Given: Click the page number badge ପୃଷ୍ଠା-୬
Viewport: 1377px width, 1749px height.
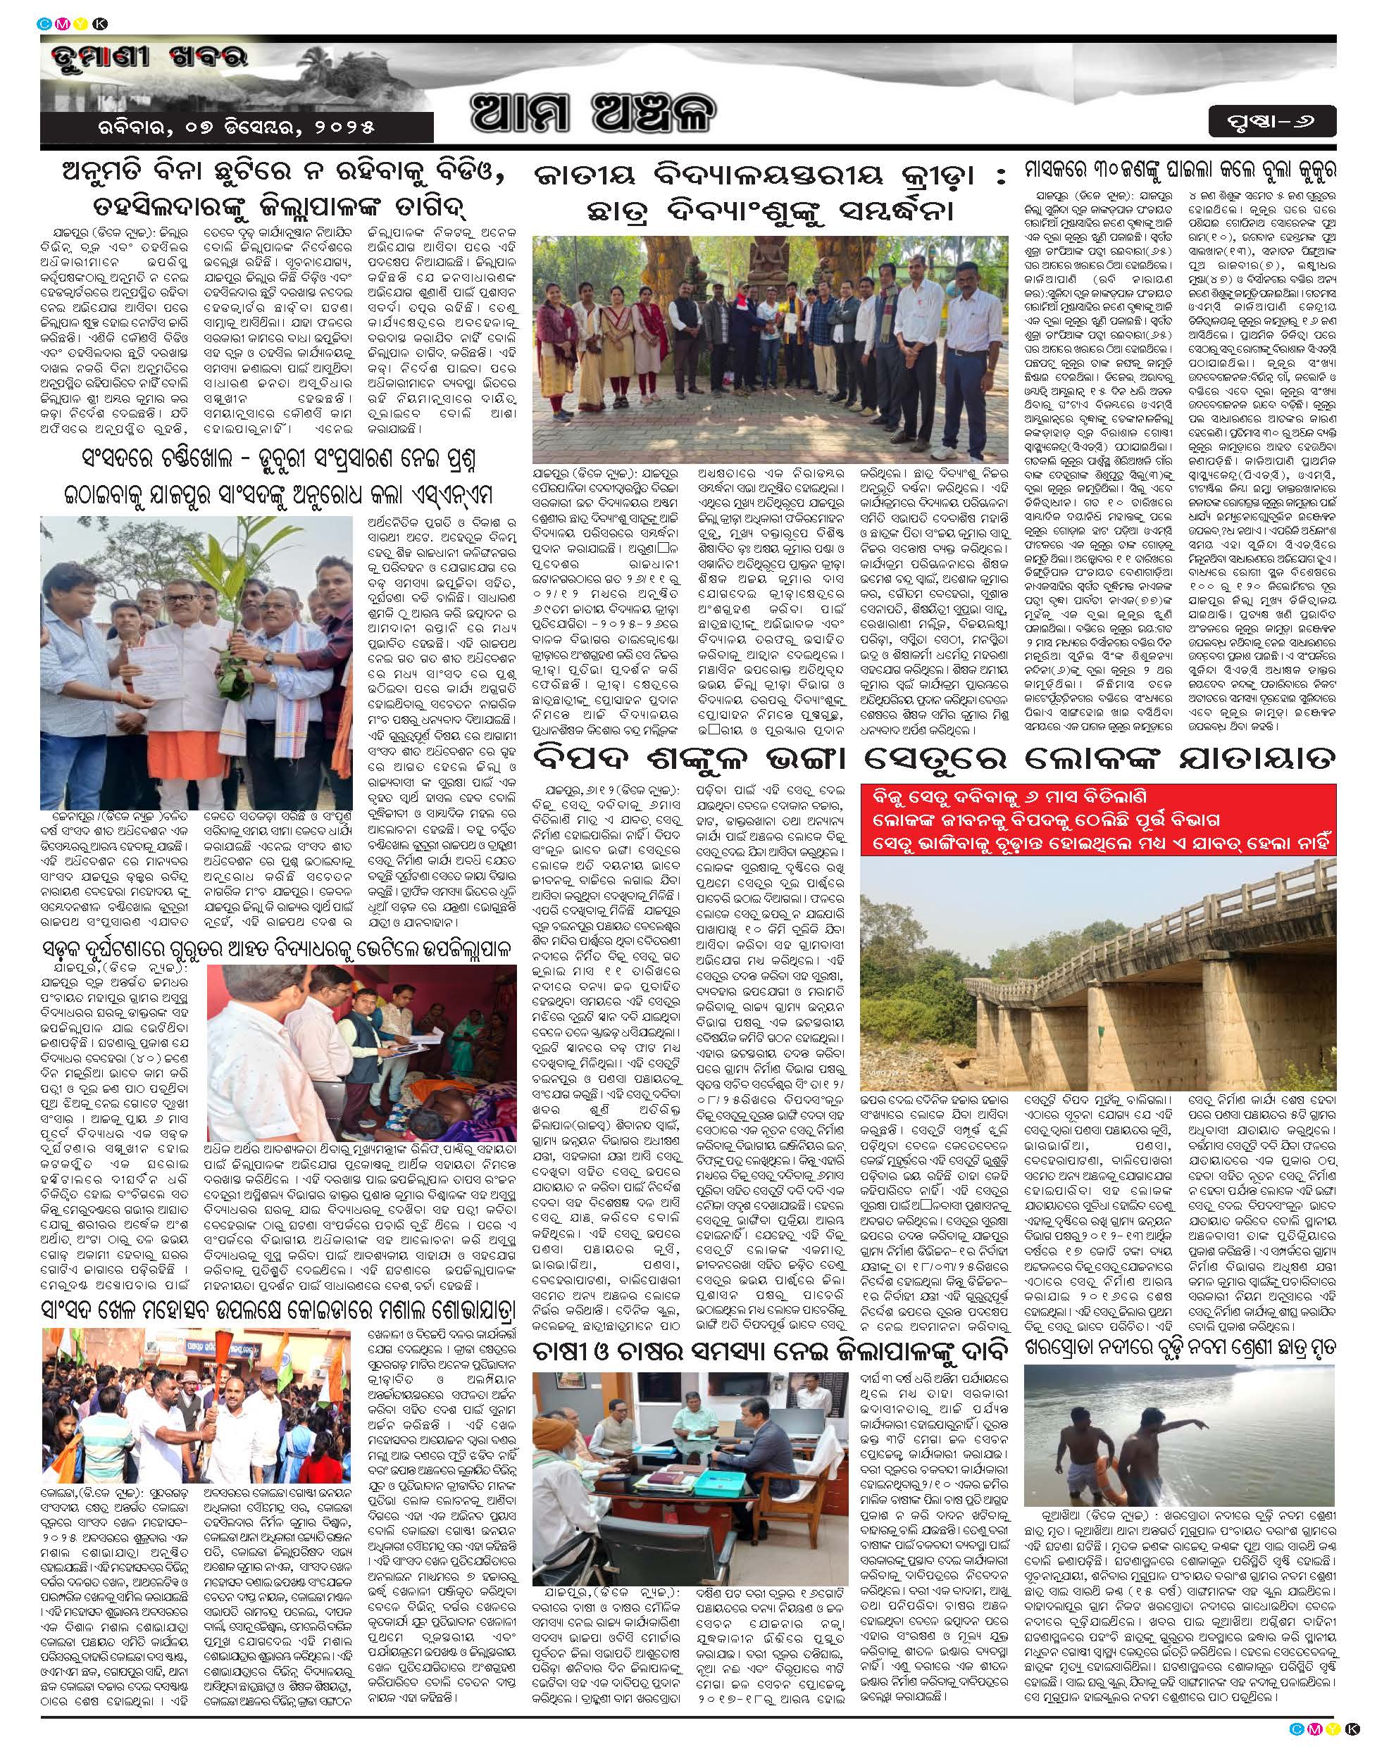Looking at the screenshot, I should coord(1271,123).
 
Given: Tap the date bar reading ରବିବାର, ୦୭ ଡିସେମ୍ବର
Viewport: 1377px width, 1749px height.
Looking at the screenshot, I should coord(236,127).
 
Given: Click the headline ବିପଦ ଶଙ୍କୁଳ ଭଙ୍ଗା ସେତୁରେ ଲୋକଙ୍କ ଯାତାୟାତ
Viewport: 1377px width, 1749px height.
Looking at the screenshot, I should coord(933,759).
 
